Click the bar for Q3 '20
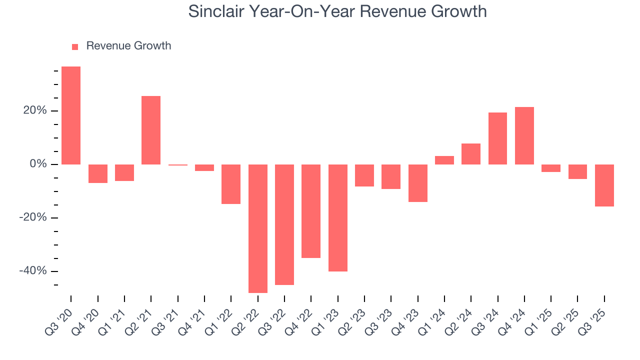click(71, 115)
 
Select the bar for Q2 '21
click(151, 130)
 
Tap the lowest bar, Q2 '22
click(258, 228)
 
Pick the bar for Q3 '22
click(284, 224)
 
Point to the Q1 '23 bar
click(338, 218)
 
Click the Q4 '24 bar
click(524, 135)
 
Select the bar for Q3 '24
click(497, 138)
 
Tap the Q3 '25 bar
click(604, 185)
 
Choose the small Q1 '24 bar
click(444, 160)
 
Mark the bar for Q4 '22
click(311, 211)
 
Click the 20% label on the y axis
click(34, 110)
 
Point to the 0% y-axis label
click(37, 164)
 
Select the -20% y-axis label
click(33, 217)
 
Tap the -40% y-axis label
click(33, 271)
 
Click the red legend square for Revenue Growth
click(75, 47)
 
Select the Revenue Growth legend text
click(128, 46)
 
